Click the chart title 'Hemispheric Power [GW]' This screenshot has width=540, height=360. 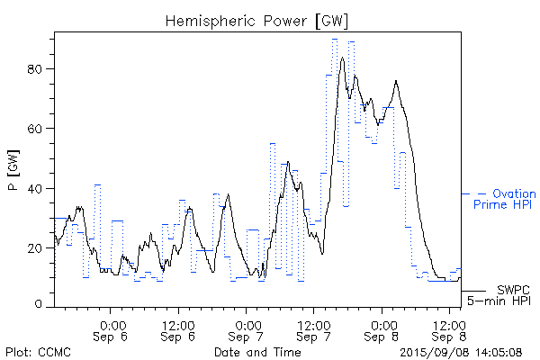[x=256, y=20]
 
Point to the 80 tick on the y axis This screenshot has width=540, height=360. [x=40, y=69]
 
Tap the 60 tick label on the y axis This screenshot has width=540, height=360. [x=40, y=129]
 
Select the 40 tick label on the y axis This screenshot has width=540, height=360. [x=40, y=188]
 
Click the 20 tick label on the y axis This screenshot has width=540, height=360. [x=40, y=247]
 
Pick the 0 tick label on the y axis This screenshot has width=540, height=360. [x=43, y=305]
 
